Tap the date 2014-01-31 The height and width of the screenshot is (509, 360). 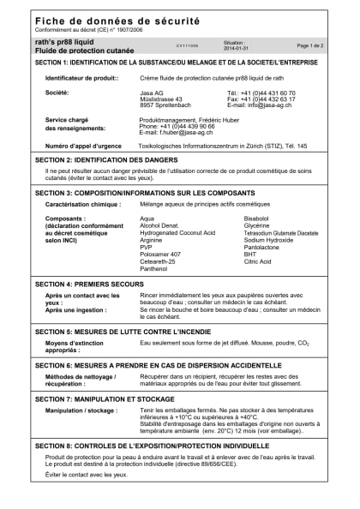click(x=235, y=48)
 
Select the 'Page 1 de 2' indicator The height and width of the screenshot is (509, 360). click(x=309, y=45)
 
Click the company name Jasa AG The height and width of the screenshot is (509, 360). click(x=153, y=92)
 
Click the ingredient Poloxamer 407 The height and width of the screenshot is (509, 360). click(x=160, y=254)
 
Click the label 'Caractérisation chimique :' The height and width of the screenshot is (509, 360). click(x=83, y=205)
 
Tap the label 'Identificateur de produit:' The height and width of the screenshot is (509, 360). click(x=80, y=78)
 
